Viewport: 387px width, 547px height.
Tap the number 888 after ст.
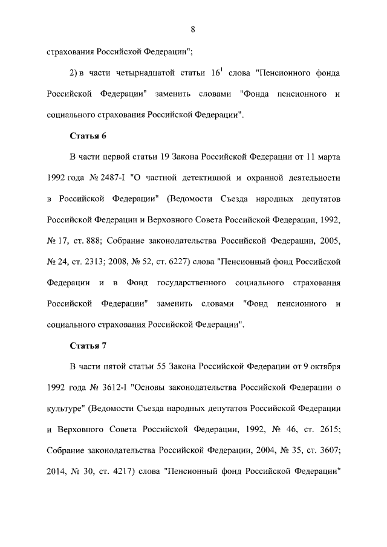(x=96, y=241)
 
